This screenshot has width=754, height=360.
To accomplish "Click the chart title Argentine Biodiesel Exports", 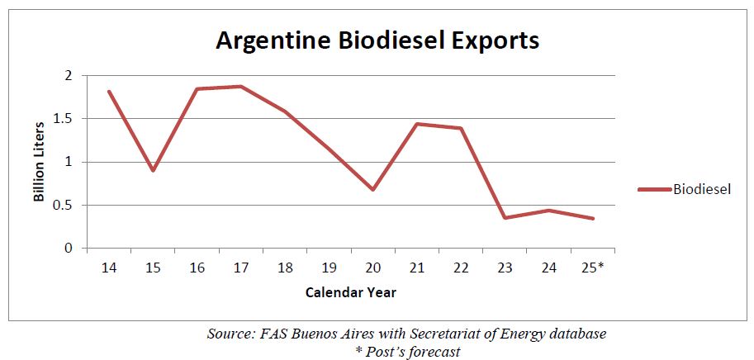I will pos(377,40).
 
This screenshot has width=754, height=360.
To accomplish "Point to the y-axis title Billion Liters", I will pos(39,161).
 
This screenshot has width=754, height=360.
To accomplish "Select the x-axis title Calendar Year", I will pos(350,292).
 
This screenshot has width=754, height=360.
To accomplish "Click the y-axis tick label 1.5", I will pos(64,119).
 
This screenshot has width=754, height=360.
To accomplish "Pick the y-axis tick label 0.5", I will pos(64,205).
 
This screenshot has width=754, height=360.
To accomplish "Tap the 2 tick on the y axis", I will pos(69,76).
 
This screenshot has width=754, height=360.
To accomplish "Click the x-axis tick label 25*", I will pos(595,268).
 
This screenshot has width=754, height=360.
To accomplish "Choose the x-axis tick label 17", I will pos(240,268).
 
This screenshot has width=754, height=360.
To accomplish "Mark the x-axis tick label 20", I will pos(373,268).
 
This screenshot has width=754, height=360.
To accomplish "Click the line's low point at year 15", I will pos(153,170).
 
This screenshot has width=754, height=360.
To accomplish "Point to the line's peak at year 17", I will pos(240,86).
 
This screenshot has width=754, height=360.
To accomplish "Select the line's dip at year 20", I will pos(373,189).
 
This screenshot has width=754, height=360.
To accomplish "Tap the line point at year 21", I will pos(417,124).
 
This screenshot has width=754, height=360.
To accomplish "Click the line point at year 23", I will pos(505,217).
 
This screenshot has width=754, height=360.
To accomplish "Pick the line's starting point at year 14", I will pos(108,91).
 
